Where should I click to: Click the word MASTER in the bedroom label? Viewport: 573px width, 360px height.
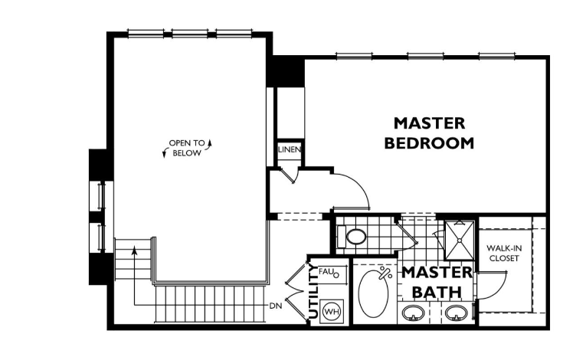pos(429,123)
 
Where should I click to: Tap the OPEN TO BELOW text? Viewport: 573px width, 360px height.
pos(187,148)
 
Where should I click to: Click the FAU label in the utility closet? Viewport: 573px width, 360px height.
pos(326,271)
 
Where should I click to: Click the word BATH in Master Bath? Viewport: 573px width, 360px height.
pos(437,292)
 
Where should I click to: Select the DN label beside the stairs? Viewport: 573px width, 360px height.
pos(276,306)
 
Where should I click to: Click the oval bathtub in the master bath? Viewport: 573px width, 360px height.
pos(374,292)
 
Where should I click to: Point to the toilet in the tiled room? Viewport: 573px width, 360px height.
pos(356,237)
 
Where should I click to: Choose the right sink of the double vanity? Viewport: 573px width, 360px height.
pos(457,313)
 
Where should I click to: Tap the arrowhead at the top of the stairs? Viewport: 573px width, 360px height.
pos(135,250)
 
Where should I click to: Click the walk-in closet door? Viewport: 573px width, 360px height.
pos(490,285)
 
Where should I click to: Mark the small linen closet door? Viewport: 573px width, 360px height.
pos(286,175)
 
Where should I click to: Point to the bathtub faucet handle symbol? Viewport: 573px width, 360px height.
pos(386,272)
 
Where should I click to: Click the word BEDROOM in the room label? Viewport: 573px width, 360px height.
pos(429,142)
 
